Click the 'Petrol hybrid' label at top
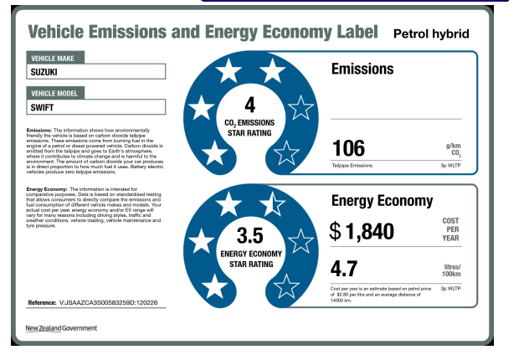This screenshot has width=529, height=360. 430,33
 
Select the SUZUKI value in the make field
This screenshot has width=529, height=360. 49,72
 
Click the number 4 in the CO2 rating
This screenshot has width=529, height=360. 249,105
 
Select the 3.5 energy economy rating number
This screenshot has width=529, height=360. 249,235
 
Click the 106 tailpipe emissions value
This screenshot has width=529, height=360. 349,149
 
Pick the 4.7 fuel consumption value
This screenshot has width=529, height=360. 346,270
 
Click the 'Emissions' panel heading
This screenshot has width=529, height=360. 362,69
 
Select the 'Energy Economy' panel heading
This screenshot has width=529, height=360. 382,201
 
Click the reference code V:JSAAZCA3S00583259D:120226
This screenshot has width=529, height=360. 110,301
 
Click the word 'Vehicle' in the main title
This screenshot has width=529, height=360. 60,33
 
